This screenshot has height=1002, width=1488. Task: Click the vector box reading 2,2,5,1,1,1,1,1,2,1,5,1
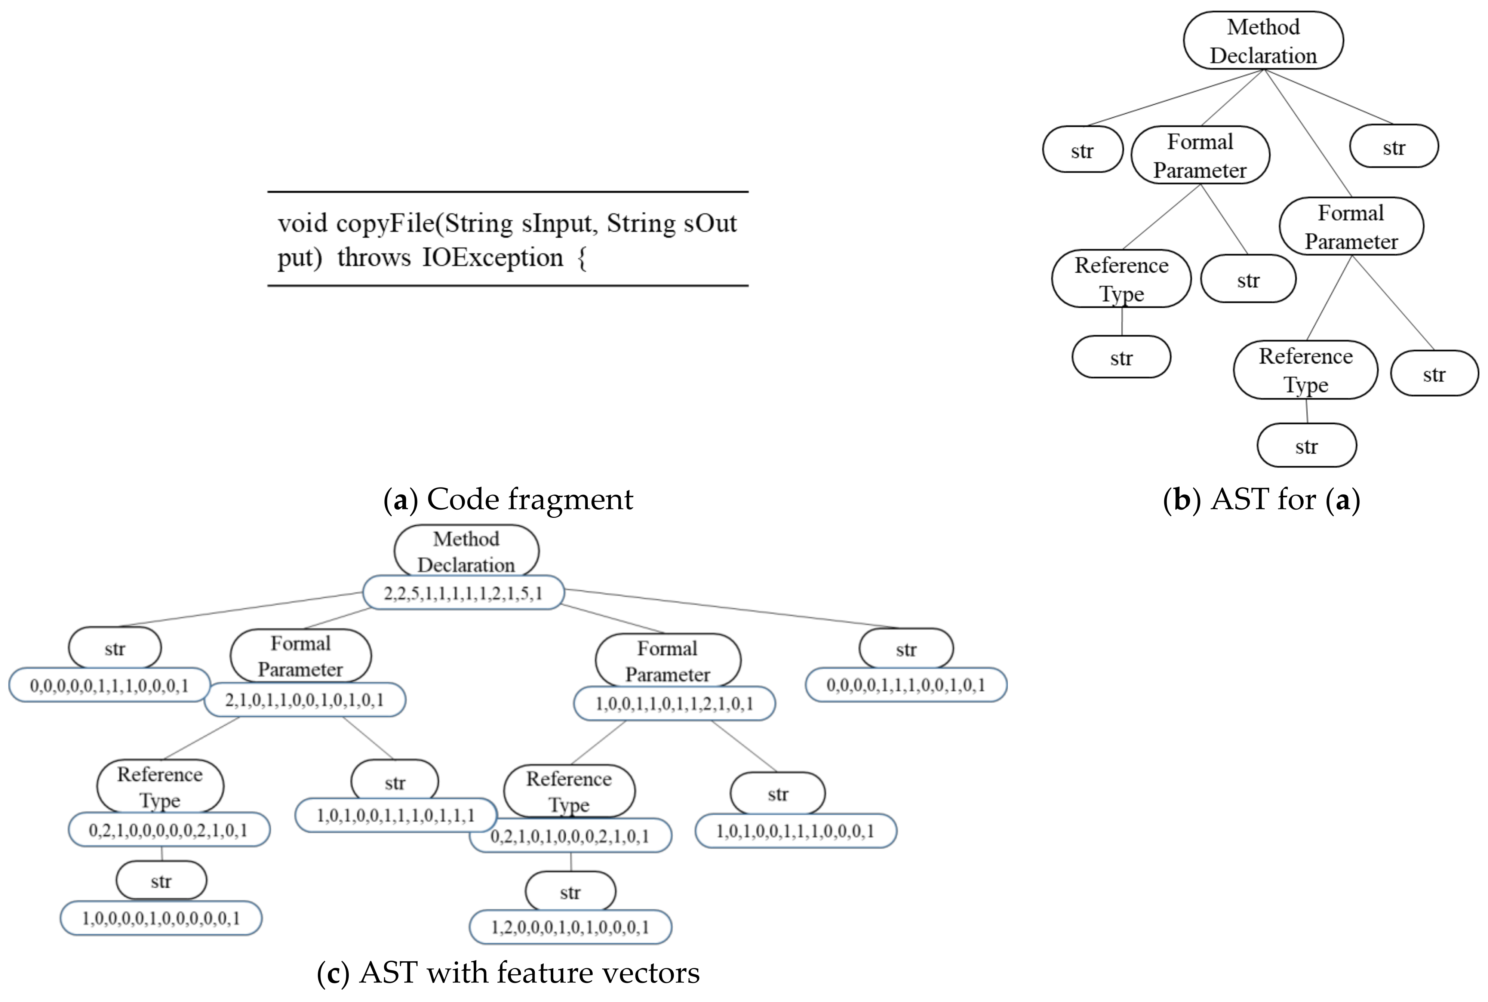pos(463,593)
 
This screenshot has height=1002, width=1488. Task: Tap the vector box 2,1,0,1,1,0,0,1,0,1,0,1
pos(305,700)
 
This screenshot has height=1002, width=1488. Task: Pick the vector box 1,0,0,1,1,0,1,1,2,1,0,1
pos(675,704)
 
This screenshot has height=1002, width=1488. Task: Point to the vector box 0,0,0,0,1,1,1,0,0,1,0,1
pos(906,685)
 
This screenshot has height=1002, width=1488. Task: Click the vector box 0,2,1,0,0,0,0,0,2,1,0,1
pos(169,830)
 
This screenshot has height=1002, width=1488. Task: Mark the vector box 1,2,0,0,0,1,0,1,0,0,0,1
pos(570,927)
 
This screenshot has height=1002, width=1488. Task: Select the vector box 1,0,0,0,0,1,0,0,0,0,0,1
pos(161,918)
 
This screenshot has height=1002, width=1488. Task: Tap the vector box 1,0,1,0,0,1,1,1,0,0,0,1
pos(796,831)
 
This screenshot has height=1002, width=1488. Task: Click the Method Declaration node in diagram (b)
pos(1263,41)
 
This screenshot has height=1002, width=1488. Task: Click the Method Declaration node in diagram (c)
pos(466,551)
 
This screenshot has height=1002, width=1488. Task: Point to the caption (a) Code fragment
pos(508,499)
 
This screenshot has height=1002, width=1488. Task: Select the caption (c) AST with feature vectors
pos(508,972)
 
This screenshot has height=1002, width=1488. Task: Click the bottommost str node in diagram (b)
pos(1307,446)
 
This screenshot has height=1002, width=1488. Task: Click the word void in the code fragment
pos(303,224)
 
